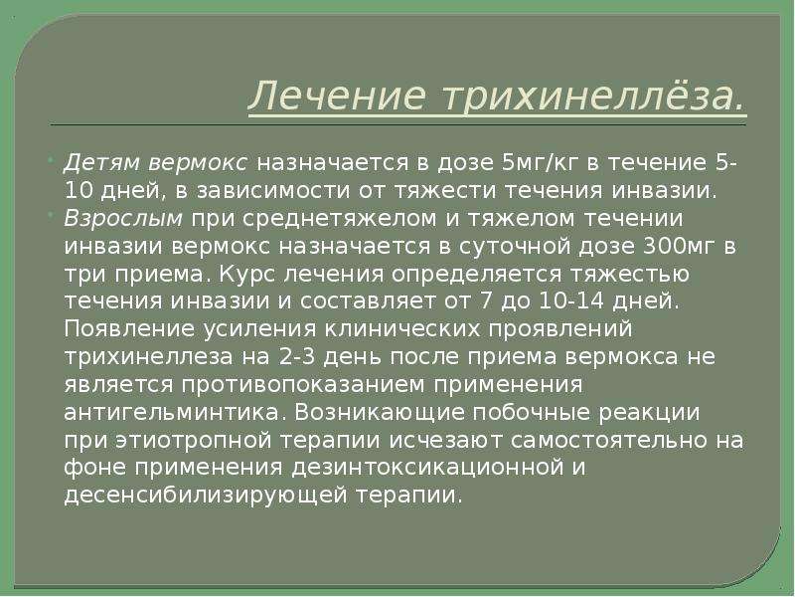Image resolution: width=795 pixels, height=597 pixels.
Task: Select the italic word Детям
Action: [x=102, y=163]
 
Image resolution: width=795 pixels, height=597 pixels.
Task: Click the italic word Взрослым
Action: [x=123, y=218]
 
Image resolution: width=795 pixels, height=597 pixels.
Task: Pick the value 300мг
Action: [x=679, y=246]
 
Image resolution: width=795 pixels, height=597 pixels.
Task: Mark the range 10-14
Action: [x=570, y=301]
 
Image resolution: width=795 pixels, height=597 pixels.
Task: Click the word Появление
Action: [x=130, y=328]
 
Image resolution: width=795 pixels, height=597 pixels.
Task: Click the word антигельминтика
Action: [x=171, y=412]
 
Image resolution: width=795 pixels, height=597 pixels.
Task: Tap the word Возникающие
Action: [x=380, y=412]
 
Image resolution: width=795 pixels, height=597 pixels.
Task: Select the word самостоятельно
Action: [x=609, y=440]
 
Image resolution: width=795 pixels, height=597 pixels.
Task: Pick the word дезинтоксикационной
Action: [x=427, y=467]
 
